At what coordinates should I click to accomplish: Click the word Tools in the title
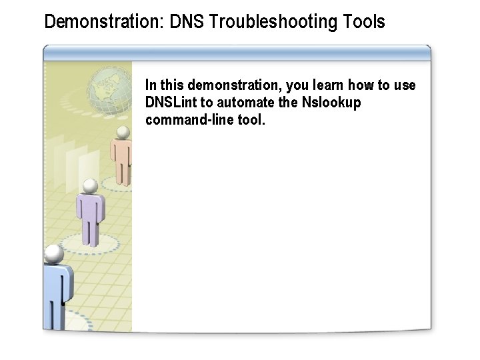[x=364, y=22]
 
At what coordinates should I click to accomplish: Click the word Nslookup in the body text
[x=331, y=103]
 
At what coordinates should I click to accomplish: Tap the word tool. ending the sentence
[x=251, y=120]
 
